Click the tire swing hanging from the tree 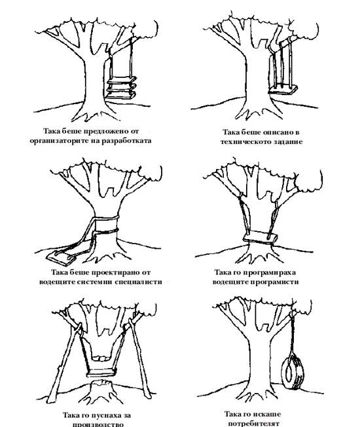point(292,371)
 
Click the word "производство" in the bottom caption point(98,424)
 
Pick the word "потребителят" point(253,424)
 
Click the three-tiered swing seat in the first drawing point(121,87)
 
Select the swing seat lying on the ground point(62,258)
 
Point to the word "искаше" point(266,414)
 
